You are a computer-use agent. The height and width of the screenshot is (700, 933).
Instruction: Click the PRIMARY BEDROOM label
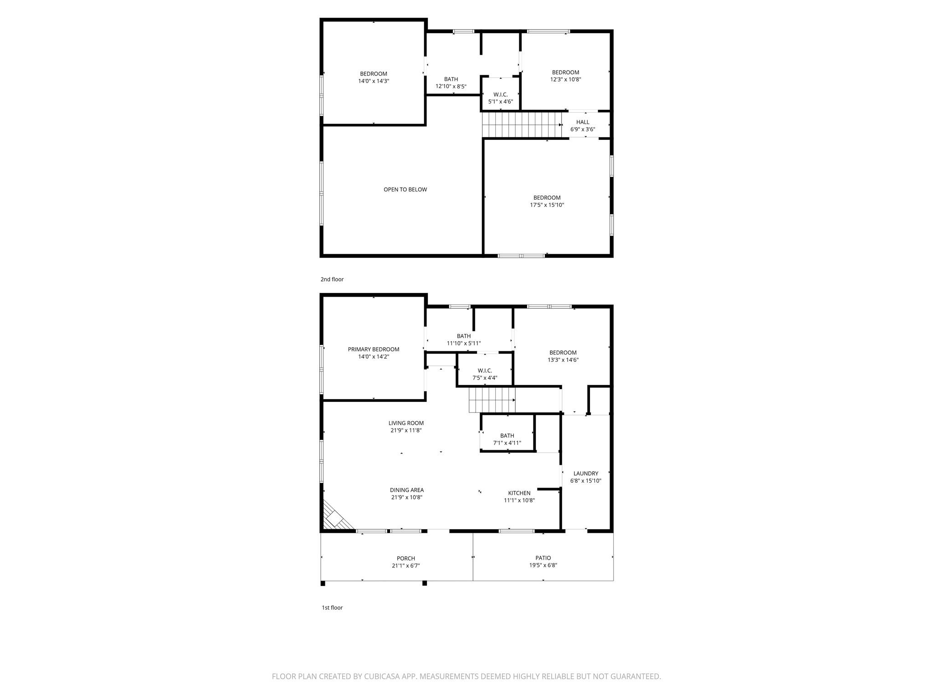click(373, 350)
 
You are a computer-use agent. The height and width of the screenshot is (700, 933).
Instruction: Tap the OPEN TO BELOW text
click(405, 190)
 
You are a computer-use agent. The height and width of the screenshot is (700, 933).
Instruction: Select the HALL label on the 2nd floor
click(582, 122)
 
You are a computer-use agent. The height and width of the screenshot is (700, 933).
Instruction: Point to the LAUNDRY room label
click(585, 474)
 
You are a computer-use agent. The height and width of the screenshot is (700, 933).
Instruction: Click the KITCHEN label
click(519, 493)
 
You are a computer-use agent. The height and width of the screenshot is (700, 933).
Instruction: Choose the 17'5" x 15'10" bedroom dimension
click(547, 205)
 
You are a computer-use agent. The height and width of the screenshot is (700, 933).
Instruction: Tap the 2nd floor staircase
click(522, 125)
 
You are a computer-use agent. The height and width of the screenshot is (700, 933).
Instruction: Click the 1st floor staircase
click(492, 400)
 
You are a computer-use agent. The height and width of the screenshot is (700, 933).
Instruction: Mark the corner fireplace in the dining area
click(335, 519)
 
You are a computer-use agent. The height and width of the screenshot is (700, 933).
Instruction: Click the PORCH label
click(405, 558)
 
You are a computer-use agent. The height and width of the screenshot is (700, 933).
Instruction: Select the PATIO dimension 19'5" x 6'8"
click(543, 565)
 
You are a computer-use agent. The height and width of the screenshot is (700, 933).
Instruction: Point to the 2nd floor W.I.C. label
click(500, 95)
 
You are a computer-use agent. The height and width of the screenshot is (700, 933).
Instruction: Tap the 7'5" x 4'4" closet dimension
click(485, 378)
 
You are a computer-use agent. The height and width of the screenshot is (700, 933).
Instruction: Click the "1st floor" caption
click(332, 607)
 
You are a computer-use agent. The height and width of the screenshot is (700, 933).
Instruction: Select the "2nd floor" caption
click(332, 279)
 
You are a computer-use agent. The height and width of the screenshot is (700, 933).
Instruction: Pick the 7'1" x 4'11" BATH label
click(507, 436)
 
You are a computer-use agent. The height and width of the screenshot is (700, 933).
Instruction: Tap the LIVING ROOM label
click(406, 423)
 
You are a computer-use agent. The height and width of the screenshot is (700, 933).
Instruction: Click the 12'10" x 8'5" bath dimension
click(451, 86)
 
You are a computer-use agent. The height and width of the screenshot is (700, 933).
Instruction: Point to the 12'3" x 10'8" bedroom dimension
click(565, 79)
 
